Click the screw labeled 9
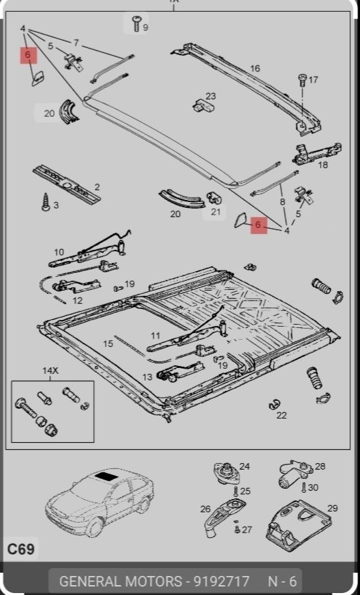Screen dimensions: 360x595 (136, 24)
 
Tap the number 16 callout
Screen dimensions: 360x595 (255, 68)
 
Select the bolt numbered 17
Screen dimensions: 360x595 (302, 80)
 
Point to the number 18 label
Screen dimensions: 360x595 (323, 165)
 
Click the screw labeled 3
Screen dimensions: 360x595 (46, 201)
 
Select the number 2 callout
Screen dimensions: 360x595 (97, 187)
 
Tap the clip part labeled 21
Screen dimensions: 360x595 (214, 197)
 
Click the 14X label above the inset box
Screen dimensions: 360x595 (50, 371)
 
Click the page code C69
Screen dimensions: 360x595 (21, 549)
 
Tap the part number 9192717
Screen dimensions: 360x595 (222, 581)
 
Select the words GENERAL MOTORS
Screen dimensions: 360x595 (121, 581)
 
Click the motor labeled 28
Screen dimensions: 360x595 (294, 474)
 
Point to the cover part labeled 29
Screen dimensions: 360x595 (298, 525)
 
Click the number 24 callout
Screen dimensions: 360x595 (245, 466)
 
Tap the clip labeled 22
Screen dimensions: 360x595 (274, 405)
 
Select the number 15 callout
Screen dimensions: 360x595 (108, 344)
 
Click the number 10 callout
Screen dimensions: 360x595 (59, 252)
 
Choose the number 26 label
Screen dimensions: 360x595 (205, 509)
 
